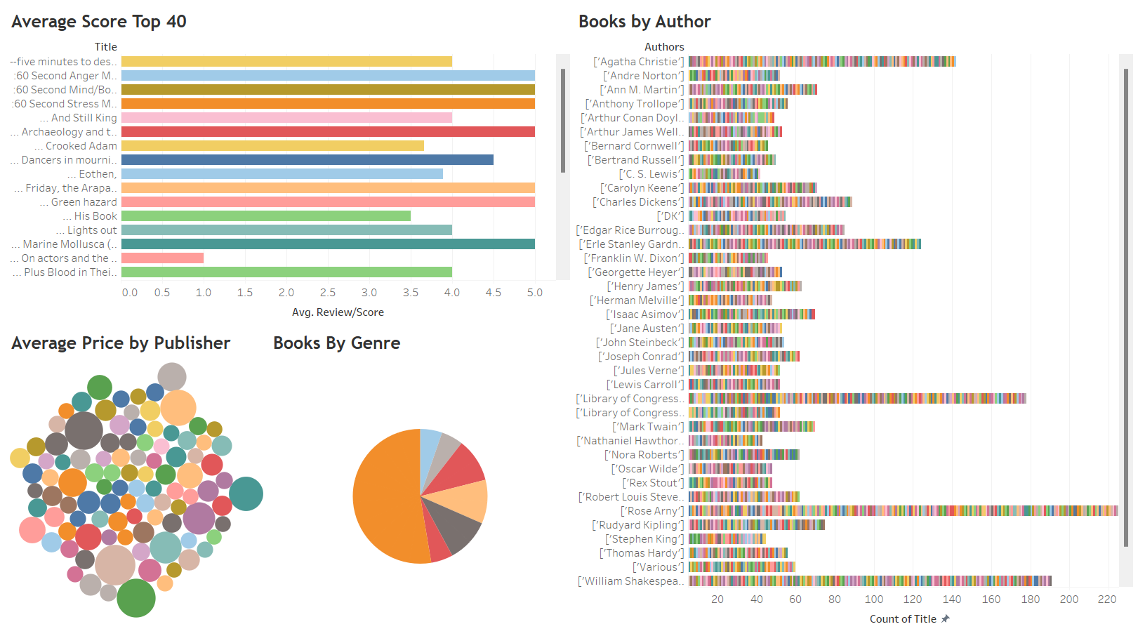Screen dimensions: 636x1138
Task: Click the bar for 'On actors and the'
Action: (162, 258)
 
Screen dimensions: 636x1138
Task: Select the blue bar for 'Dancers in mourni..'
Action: (307, 160)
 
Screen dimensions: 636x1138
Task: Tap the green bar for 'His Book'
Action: (265, 216)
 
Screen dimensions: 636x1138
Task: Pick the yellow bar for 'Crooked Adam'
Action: (272, 146)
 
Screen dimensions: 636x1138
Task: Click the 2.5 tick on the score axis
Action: (328, 293)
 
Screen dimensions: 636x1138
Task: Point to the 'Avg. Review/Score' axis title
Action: (338, 312)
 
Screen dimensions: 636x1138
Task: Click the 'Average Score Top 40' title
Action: (99, 22)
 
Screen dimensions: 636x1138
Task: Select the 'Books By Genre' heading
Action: (336, 343)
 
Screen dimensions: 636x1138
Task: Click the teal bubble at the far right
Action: (246, 493)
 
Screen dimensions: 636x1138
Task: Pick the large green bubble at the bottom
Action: (135, 598)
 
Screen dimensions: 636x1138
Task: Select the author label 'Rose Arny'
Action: (651, 511)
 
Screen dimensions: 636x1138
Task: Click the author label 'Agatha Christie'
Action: (638, 62)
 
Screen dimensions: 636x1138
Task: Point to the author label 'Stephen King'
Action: (644, 539)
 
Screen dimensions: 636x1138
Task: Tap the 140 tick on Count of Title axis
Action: (952, 599)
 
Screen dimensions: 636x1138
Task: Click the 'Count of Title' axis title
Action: (903, 619)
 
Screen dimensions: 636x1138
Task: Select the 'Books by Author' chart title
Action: (644, 22)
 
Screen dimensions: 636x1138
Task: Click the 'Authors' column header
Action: (664, 47)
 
